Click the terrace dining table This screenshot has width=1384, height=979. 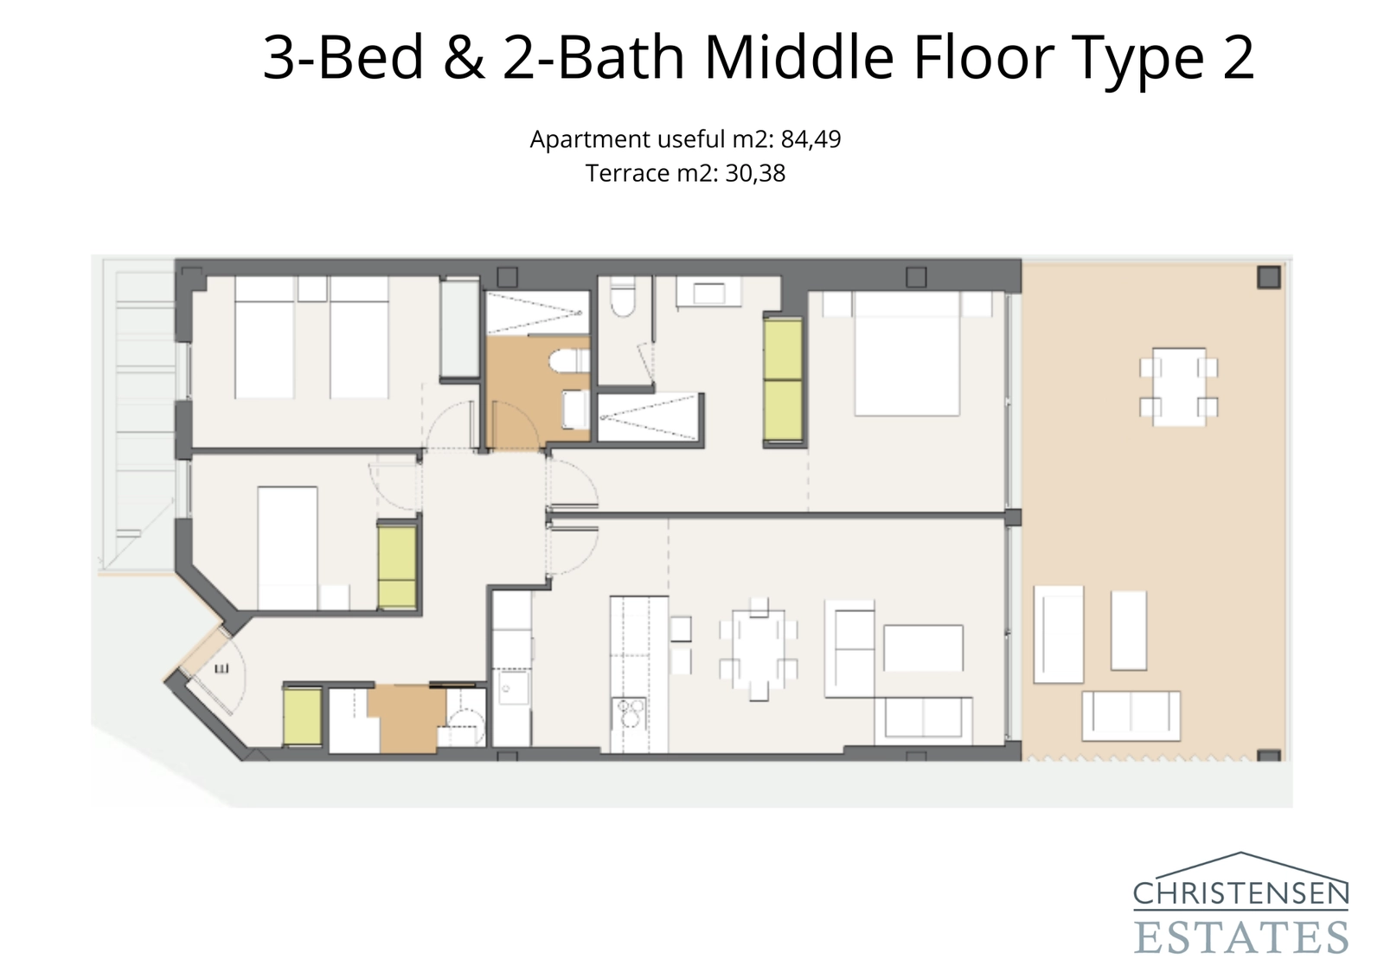pos(1178,386)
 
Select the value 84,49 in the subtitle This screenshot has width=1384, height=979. pos(811,139)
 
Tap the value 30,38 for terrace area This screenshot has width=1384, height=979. pos(755,174)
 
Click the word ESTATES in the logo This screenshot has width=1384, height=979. pos(1240,937)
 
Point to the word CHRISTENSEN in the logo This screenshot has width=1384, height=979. pos(1240,893)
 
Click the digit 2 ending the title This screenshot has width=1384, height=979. pos(1238,58)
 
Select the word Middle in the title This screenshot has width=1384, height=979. pos(798,58)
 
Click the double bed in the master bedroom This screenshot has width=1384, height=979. pos(907,353)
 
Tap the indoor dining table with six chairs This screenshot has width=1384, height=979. pos(758,649)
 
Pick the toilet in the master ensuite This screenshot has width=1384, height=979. pos(622,299)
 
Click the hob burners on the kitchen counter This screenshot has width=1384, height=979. pos(629,716)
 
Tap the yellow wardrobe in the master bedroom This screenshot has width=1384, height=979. pos(784,381)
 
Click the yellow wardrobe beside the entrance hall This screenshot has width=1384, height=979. pos(302,716)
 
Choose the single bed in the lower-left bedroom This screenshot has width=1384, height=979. pos(288,547)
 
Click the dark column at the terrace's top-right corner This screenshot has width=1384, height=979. pos(1268,277)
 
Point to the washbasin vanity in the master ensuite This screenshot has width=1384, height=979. pos(708,293)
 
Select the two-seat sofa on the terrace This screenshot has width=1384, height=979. pos(1131,715)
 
